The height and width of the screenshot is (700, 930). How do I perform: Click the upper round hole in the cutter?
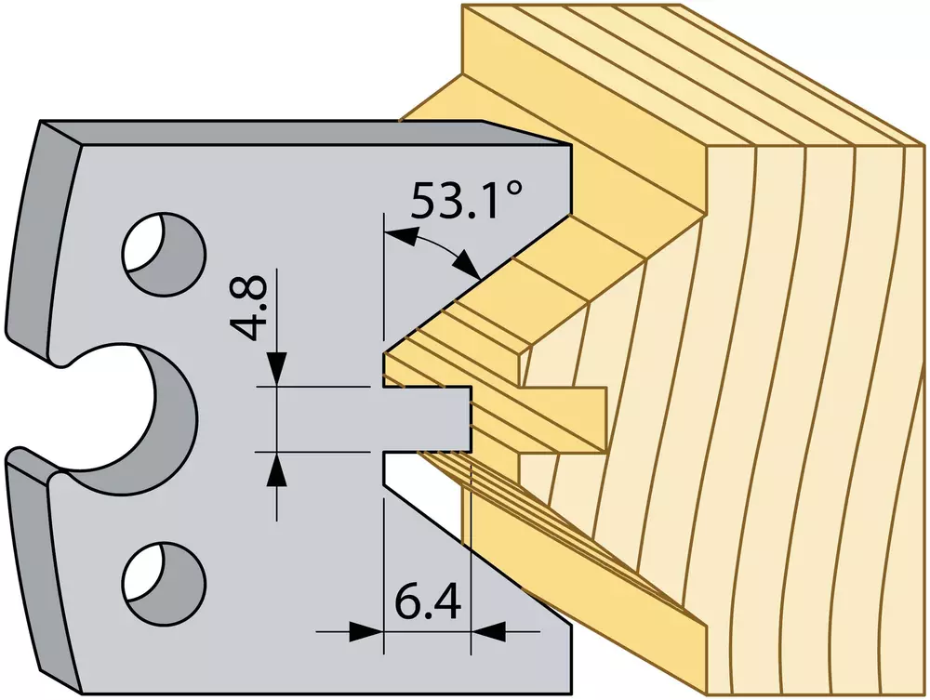164,254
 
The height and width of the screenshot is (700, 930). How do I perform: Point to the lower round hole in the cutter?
164,583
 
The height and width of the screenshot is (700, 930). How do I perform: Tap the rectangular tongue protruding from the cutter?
427,418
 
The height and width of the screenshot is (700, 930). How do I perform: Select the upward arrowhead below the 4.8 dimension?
277,469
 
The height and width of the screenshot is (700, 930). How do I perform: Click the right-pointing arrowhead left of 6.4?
365,631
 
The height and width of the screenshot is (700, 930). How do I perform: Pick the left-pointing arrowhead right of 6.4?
488,631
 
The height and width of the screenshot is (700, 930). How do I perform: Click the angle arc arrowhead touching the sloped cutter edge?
469,264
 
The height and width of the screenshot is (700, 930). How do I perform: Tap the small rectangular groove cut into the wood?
564,418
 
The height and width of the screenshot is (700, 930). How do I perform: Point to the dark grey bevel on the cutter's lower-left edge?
42,569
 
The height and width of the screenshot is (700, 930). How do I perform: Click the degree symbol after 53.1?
516,190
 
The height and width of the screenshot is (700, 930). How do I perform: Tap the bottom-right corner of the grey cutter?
572,693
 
